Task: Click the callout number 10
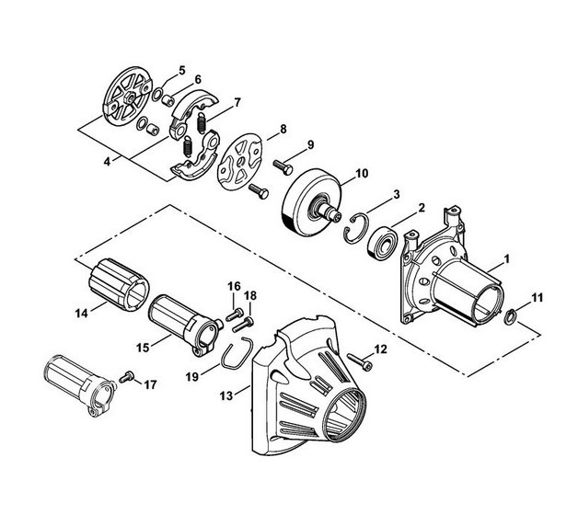point(362,173)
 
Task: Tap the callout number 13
point(226,395)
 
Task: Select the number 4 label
point(107,161)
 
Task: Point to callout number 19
point(192,376)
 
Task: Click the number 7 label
point(237,102)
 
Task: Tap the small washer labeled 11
point(511,316)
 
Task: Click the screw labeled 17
point(127,377)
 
